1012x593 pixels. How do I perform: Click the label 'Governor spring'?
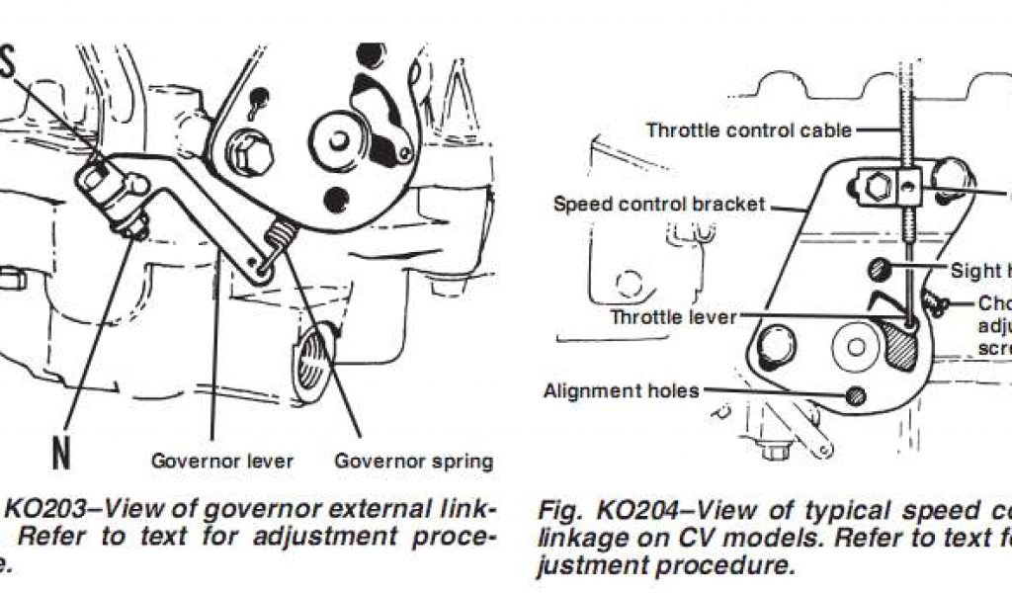tap(413, 461)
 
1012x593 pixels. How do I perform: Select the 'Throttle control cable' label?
tap(748, 129)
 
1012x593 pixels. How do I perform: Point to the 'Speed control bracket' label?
tap(659, 205)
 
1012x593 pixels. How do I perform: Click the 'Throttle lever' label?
tap(673, 317)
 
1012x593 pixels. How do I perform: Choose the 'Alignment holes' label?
tap(621, 390)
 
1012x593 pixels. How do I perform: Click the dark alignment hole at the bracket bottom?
tap(856, 395)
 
